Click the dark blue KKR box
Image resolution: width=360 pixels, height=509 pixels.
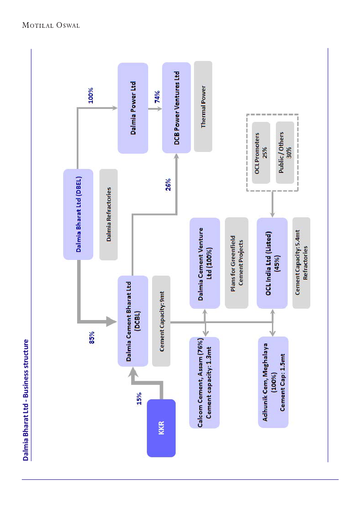(161, 428)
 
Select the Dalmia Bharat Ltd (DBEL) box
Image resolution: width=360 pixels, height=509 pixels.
(78, 214)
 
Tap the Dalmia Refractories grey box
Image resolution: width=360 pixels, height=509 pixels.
(109, 214)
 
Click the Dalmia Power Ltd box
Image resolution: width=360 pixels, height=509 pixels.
(133, 108)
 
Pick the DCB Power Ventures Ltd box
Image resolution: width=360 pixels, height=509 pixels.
(177, 108)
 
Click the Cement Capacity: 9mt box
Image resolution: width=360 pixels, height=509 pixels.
(161, 321)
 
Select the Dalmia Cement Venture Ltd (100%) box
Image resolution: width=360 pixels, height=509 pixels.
(205, 263)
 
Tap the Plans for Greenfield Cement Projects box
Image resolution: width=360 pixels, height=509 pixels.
(237, 263)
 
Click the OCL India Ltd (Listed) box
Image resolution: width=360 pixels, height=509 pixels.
(272, 263)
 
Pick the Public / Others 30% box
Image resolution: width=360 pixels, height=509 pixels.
(285, 153)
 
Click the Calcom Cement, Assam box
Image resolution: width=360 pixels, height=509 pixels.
(205, 382)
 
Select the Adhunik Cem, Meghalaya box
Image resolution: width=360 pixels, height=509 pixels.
(273, 382)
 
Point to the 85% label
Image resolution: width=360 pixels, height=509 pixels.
(92, 337)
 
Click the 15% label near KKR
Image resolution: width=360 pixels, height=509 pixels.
(139, 398)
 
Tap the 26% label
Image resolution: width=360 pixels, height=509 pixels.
(168, 185)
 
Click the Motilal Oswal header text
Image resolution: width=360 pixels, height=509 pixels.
(51, 26)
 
